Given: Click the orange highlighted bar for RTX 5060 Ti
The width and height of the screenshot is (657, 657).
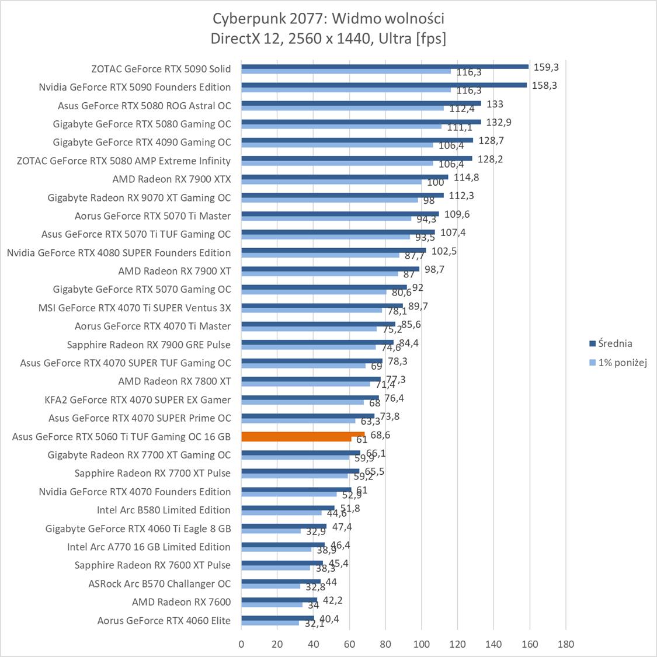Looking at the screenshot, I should point(303,436).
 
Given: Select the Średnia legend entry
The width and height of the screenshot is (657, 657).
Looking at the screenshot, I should point(610,343).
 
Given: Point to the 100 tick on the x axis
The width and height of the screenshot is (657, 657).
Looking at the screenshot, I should point(421,644).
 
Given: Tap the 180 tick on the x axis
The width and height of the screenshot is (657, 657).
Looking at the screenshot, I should point(565,644).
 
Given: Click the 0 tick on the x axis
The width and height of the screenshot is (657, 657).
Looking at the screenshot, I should point(241,644).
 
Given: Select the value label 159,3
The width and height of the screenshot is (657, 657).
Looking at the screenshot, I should point(546,67).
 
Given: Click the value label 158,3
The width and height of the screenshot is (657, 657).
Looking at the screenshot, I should point(545,85).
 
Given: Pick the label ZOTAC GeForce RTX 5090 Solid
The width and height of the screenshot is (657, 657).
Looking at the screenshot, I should point(161,69).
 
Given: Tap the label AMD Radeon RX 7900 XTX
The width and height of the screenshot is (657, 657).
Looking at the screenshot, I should point(171,179).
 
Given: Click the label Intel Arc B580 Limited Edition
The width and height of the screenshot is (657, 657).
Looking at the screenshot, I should point(164,510).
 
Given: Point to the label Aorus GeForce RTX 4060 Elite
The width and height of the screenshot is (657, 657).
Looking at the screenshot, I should point(164,620).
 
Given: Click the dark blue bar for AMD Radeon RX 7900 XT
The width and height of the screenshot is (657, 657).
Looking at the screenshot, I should point(330,269).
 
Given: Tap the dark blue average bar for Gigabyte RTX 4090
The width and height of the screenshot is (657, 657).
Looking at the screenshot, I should point(357,140).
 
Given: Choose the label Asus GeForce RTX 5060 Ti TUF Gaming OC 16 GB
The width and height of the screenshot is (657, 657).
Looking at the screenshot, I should point(121,437).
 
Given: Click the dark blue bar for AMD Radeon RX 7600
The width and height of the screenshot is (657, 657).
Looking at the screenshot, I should point(279,600).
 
